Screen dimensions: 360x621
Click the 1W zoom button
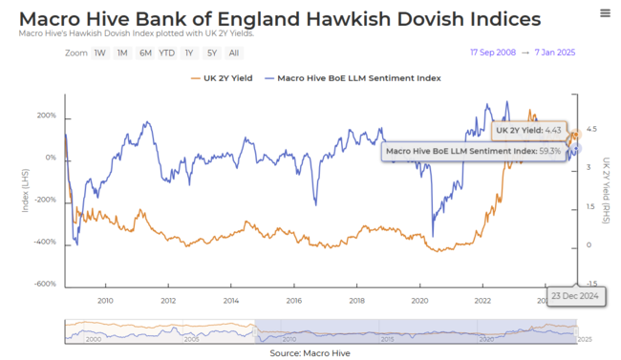pos(99,53)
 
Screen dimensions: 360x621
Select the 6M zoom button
pos(144,53)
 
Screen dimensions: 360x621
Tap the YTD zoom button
pos(166,53)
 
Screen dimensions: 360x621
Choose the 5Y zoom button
pos(211,53)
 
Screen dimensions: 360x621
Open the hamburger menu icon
pos(605,13)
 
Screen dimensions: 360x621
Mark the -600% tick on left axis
pos(45,285)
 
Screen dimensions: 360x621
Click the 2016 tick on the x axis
pos(293,300)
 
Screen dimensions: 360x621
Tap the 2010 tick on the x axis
pos(105,300)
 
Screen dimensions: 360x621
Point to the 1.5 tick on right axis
pos(592,207)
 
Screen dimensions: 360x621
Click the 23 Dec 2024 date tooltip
pos(574,297)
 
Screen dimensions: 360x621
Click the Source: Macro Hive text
pos(310,353)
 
